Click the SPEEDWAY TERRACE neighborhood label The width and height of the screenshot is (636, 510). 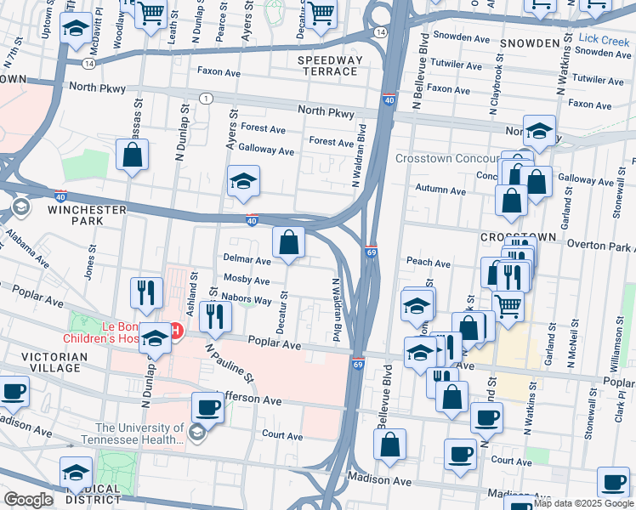330,66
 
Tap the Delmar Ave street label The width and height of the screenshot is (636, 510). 246,258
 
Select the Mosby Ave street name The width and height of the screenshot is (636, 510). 246,280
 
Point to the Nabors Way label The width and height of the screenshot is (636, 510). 246,300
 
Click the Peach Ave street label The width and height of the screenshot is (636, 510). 428,263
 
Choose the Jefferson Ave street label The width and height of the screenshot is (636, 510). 251,399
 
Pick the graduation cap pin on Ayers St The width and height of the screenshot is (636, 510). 243,181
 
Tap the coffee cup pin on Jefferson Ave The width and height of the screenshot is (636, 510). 207,407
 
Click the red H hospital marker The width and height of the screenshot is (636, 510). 176,331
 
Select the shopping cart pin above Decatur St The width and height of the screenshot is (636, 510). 321,12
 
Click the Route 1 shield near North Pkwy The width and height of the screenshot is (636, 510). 206,99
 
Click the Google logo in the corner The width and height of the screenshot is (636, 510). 28,500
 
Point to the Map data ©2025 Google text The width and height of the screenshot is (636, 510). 582,503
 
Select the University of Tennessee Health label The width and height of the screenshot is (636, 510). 139,433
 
